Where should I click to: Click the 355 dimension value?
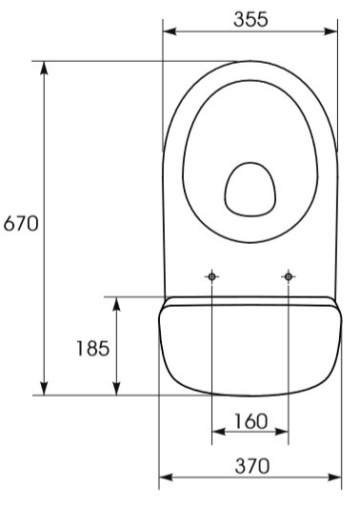[x=250, y=19]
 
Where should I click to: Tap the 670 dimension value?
[x=21, y=223]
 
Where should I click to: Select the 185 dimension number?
[x=93, y=349]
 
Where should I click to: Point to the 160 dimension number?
[x=250, y=421]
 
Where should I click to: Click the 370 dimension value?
[x=252, y=466]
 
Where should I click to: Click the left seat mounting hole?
[x=211, y=276]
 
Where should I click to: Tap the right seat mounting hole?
[x=289, y=276]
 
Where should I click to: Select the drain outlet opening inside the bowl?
[x=250, y=190]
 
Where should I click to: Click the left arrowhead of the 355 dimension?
[x=170, y=31]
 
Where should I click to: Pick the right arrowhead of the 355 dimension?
[x=330, y=31]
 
